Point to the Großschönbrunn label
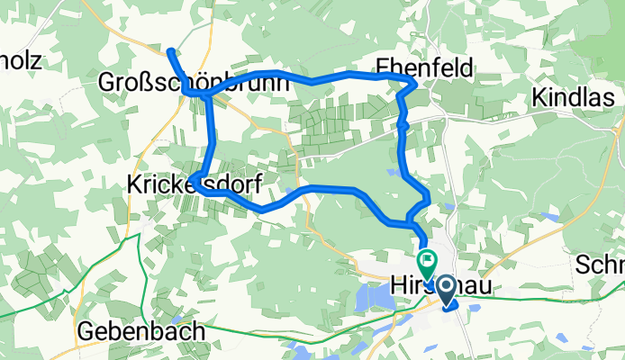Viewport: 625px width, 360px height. pos(193,83)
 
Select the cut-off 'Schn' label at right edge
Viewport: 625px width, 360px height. pos(602,265)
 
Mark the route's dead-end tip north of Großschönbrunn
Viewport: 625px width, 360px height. pos(170,49)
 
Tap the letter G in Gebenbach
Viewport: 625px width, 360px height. pos(84,330)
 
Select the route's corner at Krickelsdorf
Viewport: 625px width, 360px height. pos(200,190)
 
